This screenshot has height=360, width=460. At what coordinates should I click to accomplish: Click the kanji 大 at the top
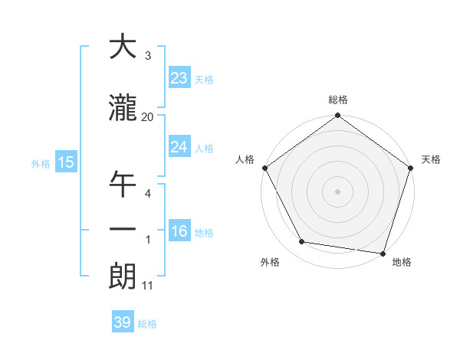(123, 47)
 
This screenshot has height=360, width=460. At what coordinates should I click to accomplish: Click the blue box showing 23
(179, 78)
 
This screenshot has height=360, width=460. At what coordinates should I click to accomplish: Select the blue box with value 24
(179, 147)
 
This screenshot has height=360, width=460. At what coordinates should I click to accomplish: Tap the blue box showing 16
(179, 232)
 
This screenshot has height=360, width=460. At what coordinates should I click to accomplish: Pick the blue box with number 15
(65, 162)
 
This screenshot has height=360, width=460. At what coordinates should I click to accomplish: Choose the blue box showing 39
(122, 322)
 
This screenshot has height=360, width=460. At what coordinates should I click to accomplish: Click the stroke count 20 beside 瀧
(147, 116)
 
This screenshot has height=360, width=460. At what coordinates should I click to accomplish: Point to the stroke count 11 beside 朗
(147, 286)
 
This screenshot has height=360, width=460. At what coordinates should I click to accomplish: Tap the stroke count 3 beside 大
(147, 56)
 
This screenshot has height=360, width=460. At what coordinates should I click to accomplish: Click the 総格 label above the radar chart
(337, 100)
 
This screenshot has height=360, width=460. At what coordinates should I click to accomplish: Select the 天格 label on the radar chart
(432, 159)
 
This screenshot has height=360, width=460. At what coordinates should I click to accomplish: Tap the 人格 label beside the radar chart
(245, 159)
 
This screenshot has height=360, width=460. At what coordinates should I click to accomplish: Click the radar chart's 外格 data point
(302, 242)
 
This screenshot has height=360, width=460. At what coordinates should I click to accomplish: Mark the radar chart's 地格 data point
(383, 253)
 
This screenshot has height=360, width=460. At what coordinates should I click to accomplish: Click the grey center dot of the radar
(337, 191)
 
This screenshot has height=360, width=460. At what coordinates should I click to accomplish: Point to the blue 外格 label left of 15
(41, 163)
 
